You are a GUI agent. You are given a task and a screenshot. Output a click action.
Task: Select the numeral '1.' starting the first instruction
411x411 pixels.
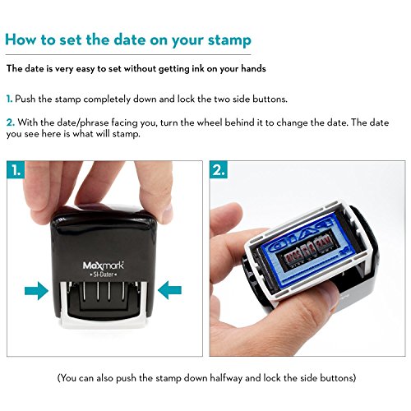10,99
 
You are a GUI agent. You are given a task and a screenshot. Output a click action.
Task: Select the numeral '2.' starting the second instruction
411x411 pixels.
11,122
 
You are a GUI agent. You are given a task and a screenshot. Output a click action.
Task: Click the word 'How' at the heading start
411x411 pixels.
21,39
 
